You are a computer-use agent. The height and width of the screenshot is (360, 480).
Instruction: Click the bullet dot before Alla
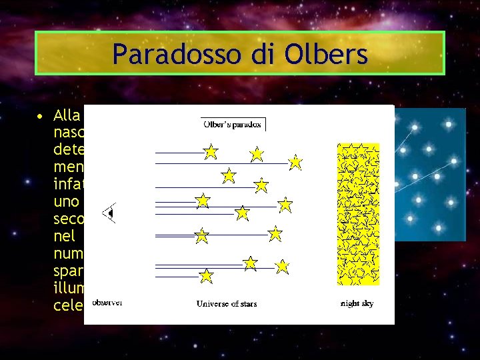pyautogui.click(x=41, y=118)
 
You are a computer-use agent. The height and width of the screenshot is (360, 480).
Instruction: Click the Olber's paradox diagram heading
pyautogui.click(x=233, y=124)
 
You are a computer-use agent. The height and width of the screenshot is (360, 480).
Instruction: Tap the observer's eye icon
pyautogui.click(x=108, y=213)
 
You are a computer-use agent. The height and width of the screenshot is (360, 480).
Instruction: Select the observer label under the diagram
pyautogui.click(x=106, y=303)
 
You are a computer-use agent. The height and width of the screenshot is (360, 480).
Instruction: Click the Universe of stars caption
pyautogui.click(x=226, y=304)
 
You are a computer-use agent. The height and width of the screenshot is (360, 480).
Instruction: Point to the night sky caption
pyautogui.click(x=357, y=304)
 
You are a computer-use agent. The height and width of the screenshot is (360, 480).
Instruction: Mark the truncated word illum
pyautogui.click(x=69, y=287)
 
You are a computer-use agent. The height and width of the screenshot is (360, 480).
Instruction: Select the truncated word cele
pyautogui.click(x=68, y=305)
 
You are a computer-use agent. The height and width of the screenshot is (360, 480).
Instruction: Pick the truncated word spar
pyautogui.click(x=69, y=270)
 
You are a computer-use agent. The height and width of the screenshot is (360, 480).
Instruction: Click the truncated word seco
pyautogui.click(x=69, y=218)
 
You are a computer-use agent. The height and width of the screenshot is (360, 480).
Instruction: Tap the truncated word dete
pyautogui.click(x=69, y=149)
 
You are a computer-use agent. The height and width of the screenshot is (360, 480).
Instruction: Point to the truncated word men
pyautogui.click(x=69, y=166)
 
